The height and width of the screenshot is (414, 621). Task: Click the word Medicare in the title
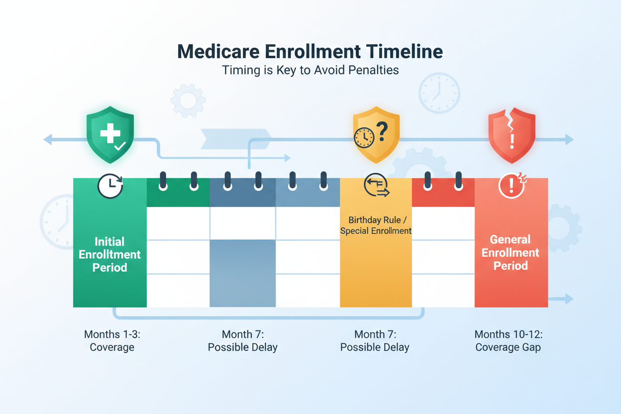pyautogui.click(x=218, y=52)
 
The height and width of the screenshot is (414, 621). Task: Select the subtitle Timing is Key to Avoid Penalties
pyautogui.click(x=310, y=70)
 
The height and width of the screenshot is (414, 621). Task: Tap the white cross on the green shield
pyautogui.click(x=110, y=133)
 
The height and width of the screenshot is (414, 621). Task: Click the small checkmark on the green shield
pyautogui.click(x=120, y=146)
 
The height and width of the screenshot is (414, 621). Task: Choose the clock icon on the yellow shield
pyautogui.click(x=364, y=137)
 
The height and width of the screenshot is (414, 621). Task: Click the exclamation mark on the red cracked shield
pyautogui.click(x=512, y=141)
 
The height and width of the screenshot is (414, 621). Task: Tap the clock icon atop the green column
pyautogui.click(x=110, y=186)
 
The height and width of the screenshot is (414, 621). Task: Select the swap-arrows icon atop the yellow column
pyautogui.click(x=377, y=185)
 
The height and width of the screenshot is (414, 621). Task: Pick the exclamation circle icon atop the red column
pyautogui.click(x=512, y=185)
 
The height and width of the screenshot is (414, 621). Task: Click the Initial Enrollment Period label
pyautogui.click(x=109, y=255)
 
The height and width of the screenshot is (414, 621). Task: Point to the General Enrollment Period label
pyautogui.click(x=510, y=253)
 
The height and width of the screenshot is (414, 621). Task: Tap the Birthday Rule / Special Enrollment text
pyautogui.click(x=376, y=225)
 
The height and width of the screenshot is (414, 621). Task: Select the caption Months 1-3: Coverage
pyautogui.click(x=112, y=341)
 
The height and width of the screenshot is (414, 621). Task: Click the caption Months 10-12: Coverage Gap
pyautogui.click(x=509, y=341)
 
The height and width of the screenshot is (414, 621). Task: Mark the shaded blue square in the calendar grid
pyautogui.click(x=243, y=273)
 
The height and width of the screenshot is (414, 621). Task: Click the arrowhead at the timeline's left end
pyautogui.click(x=48, y=139)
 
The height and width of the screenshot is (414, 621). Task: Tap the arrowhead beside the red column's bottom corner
pyautogui.click(x=569, y=299)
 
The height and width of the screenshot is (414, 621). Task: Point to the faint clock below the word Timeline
pyautogui.click(x=439, y=93)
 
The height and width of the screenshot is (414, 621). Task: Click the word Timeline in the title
pyautogui.click(x=404, y=52)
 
